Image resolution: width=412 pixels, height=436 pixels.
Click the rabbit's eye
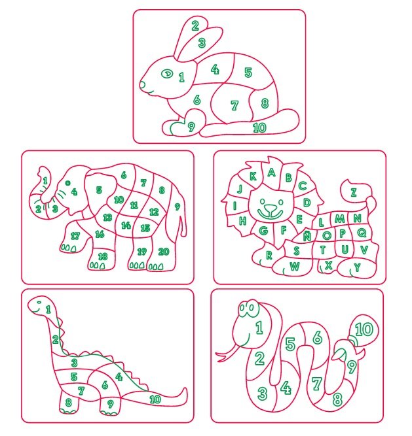pos(167,74)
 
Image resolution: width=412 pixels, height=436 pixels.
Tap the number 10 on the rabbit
pos(259,127)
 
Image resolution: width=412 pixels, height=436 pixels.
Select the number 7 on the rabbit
pos(234,105)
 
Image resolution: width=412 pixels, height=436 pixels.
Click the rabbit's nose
pos(142,84)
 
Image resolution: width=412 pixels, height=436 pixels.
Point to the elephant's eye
pos(67,182)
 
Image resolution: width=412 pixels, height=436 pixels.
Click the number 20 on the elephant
pos(164,252)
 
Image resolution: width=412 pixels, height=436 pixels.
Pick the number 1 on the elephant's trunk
pos(45,180)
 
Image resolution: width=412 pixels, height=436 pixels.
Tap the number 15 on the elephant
pos(145,228)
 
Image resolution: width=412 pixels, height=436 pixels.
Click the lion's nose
pos(271,209)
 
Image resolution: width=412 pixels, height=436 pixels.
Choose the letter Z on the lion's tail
pos(354,192)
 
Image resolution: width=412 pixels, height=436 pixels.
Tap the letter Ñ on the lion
pos(307,236)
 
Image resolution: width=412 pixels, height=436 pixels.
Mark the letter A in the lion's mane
pos(271,173)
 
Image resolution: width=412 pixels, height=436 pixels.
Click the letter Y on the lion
pos(357,267)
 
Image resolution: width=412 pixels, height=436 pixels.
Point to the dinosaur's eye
pos(39,302)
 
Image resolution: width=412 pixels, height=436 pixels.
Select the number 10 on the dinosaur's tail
pos(155,399)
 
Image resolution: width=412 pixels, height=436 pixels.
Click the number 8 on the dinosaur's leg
pos(69,402)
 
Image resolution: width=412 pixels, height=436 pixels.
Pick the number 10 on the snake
pos(364,329)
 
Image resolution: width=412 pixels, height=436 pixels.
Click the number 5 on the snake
pos(290,344)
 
